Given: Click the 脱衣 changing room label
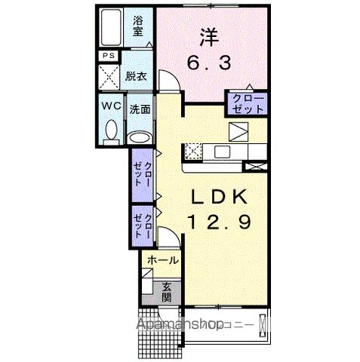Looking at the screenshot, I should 137,76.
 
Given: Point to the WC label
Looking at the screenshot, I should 111,106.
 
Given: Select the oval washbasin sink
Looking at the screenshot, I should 138,137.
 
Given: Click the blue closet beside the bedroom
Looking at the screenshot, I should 248,103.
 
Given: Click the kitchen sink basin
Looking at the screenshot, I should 223,151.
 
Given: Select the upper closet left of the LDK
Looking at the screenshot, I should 143,176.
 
